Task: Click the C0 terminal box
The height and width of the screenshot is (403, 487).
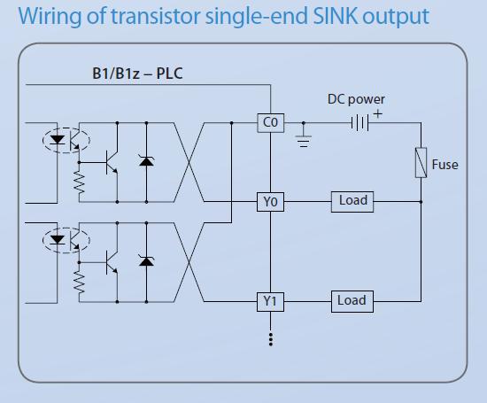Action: pyautogui.click(x=271, y=123)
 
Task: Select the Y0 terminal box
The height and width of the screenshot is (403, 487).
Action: pyautogui.click(x=270, y=202)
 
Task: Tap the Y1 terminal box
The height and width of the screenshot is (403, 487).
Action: pyautogui.click(x=270, y=301)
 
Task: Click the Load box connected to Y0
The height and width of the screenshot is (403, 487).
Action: pyautogui.click(x=352, y=202)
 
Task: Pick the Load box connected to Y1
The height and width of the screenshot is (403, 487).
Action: pyautogui.click(x=352, y=301)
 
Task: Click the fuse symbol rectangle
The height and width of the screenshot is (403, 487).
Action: pyautogui.click(x=421, y=162)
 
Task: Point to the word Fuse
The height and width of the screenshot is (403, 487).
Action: pyautogui.click(x=444, y=165)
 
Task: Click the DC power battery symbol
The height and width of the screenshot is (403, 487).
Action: pyautogui.click(x=360, y=123)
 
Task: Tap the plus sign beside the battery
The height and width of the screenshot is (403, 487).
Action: pyautogui.click(x=378, y=114)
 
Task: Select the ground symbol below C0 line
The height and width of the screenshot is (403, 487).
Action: pyautogui.click(x=304, y=141)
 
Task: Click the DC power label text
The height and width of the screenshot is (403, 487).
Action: pyautogui.click(x=356, y=99)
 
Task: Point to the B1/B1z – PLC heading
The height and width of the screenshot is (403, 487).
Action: pyautogui.click(x=137, y=74)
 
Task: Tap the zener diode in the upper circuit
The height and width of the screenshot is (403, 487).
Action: pyautogui.click(x=146, y=160)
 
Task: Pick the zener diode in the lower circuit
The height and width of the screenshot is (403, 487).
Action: pyautogui.click(x=146, y=260)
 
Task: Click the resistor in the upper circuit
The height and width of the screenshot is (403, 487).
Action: pyautogui.click(x=79, y=182)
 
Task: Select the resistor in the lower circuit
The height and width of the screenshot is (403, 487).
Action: pyautogui.click(x=79, y=283)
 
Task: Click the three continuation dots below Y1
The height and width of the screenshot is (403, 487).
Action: pyautogui.click(x=271, y=339)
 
